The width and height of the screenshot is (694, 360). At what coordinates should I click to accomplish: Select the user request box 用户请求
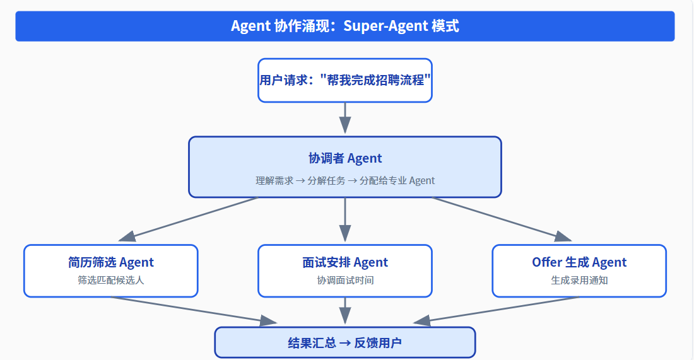344,80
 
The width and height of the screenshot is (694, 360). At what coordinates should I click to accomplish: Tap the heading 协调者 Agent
344,158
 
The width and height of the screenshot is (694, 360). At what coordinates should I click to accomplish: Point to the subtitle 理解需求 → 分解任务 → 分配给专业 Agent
344,180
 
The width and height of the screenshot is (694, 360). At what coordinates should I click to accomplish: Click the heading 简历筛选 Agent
110,262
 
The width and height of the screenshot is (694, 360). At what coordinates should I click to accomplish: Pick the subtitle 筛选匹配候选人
110,280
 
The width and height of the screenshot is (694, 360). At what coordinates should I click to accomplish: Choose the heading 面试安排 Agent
344,262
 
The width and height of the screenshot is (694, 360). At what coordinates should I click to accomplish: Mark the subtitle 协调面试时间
344,280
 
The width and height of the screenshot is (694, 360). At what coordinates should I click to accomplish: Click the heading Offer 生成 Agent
579,262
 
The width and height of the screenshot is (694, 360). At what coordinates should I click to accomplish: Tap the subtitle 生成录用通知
579,280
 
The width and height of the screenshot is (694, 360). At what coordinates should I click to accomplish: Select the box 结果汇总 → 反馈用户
344,343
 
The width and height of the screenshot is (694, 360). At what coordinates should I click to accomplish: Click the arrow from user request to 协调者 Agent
344,117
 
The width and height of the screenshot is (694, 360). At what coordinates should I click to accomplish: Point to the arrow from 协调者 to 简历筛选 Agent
189,218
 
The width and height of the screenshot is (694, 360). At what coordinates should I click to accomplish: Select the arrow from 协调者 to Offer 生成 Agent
502,218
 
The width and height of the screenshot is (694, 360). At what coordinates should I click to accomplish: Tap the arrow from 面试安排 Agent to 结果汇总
344,311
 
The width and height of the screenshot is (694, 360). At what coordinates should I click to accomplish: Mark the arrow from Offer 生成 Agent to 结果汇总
498,310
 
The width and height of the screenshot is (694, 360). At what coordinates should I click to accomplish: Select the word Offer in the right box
546,262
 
